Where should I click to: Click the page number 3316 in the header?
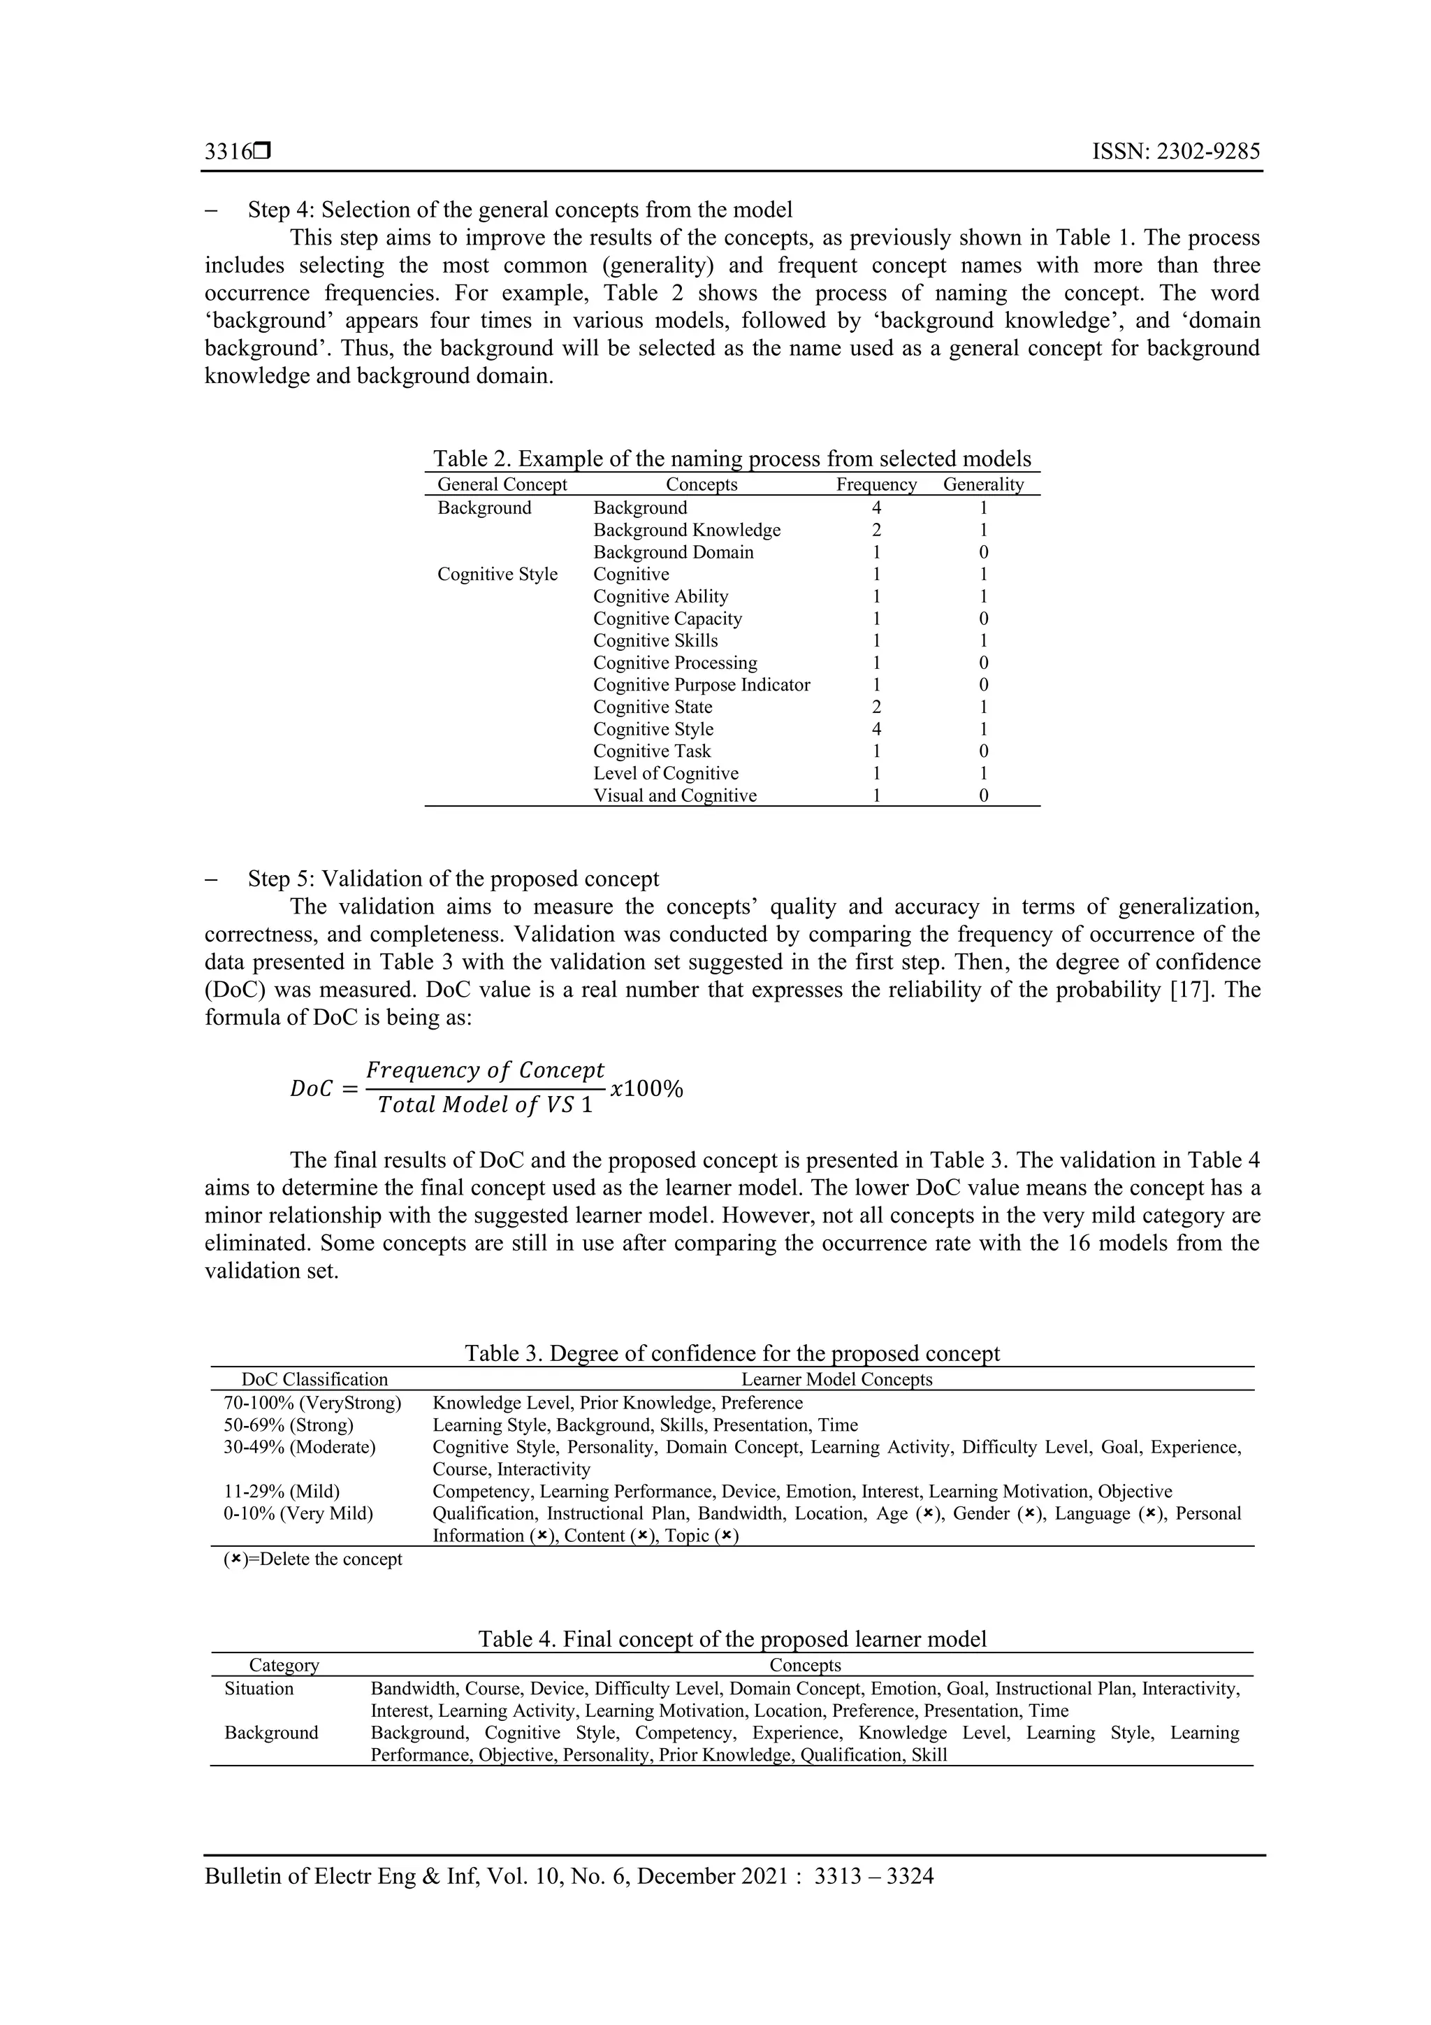(228, 152)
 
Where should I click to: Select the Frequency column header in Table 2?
(876, 484)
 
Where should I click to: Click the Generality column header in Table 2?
(983, 484)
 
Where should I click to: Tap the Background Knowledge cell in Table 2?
(687, 530)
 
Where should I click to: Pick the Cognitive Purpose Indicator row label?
(701, 684)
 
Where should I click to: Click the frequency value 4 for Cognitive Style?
(876, 728)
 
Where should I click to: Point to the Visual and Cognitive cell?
(674, 795)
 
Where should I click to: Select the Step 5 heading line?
(453, 879)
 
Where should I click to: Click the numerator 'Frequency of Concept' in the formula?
(485, 1070)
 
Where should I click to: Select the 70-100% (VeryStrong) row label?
(312, 1402)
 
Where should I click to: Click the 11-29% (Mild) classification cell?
(282, 1492)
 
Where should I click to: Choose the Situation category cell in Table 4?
(259, 1688)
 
